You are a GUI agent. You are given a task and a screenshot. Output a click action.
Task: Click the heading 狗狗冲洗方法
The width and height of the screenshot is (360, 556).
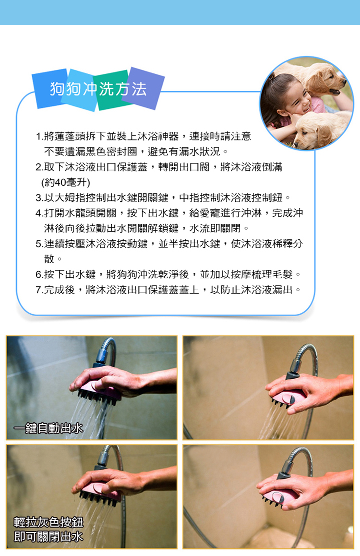tap(98, 89)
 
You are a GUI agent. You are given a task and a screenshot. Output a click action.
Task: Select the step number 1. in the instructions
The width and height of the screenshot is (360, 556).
tap(39, 136)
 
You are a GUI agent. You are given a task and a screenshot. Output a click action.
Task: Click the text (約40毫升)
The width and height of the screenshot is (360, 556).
tap(65, 182)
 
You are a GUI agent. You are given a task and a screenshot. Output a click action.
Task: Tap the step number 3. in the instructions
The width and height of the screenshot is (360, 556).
tap(39, 197)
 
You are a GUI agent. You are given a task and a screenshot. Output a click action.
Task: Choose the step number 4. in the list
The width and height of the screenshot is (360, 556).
tap(39, 213)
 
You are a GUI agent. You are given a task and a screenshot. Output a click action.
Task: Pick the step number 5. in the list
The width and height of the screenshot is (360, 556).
tap(39, 244)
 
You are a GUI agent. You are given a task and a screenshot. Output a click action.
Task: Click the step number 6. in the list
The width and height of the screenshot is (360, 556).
tap(39, 274)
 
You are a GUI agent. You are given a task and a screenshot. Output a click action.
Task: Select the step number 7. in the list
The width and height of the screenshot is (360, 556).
tap(39, 290)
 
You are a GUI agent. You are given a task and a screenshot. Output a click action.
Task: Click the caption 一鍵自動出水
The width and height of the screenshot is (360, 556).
tap(48, 428)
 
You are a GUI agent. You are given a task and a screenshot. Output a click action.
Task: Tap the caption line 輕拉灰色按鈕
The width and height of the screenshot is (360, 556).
tap(48, 522)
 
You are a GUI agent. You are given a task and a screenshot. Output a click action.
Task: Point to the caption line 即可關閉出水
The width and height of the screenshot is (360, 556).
tap(48, 537)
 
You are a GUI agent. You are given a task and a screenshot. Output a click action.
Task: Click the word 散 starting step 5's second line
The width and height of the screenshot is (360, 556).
tap(49, 259)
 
